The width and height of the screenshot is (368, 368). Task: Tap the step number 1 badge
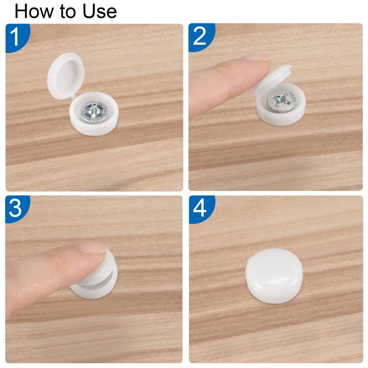[16, 37]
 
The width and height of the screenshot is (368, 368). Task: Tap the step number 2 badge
[200, 37]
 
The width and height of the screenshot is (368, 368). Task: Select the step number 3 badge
[16, 209]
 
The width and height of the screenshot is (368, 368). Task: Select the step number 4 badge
[200, 209]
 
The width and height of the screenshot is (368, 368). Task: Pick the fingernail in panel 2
[255, 58]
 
